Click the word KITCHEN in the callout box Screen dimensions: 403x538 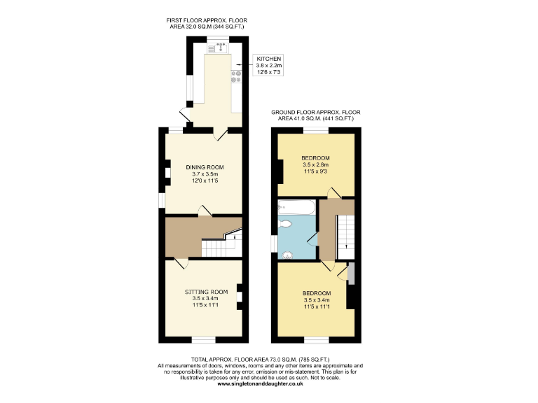pyautogui.click(x=269, y=59)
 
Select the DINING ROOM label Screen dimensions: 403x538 pyautogui.click(x=205, y=167)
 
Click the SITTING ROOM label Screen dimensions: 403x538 pyautogui.click(x=207, y=291)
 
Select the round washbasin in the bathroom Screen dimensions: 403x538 pyautogui.click(x=287, y=255)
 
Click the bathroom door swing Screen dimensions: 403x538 pyautogui.click(x=311, y=241)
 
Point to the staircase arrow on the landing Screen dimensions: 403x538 pyautogui.click(x=344, y=238)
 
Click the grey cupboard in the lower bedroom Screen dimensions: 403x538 pyautogui.click(x=350, y=274)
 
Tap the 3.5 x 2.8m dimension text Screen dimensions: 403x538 pyautogui.click(x=315, y=165)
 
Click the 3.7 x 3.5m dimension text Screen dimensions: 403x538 pyautogui.click(x=205, y=175)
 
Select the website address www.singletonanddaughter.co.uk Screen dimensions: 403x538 pyautogui.click(x=260, y=384)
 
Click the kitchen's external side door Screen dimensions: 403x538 pyautogui.click(x=184, y=117)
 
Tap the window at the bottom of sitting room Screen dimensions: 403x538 pyautogui.click(x=204, y=339)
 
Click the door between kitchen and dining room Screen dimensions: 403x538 pyautogui.click(x=221, y=133)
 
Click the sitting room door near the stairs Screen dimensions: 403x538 pyautogui.click(x=180, y=264)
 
